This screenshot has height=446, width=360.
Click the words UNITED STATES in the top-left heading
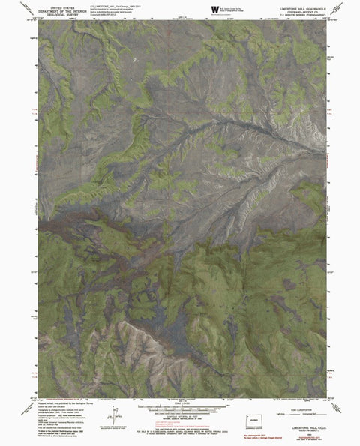click(61, 6)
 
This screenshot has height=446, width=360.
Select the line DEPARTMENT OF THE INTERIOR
click(61, 10)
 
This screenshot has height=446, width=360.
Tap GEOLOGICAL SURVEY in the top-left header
click(61, 13)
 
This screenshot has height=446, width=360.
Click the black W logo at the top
click(215, 8)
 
